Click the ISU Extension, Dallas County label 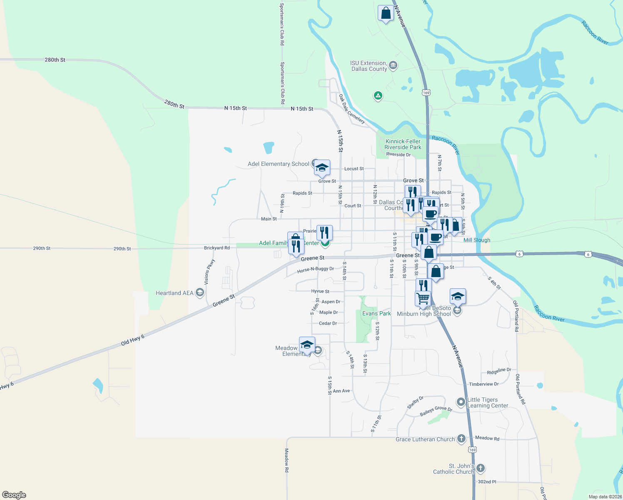pyautogui.click(x=369, y=66)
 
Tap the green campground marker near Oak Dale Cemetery pyautogui.click(x=378, y=96)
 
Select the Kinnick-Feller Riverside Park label pyautogui.click(x=403, y=144)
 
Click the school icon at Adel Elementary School pyautogui.click(x=322, y=168)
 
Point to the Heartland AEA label pyautogui.click(x=174, y=293)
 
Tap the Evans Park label pyautogui.click(x=376, y=313)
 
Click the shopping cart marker pyautogui.click(x=423, y=298)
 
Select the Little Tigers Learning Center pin pyautogui.click(x=461, y=402)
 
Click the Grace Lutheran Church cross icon pyautogui.click(x=461, y=438)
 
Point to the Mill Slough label pyautogui.click(x=477, y=240)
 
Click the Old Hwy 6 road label pyautogui.click(x=132, y=340)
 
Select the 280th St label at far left pyautogui.click(x=55, y=60)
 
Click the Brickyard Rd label pyautogui.click(x=217, y=248)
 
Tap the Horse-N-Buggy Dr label pyautogui.click(x=316, y=270)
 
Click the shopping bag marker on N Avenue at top pyautogui.click(x=386, y=13)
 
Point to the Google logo pyautogui.click(x=14, y=495)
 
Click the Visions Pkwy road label pyautogui.click(x=209, y=271)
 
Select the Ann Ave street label pyautogui.click(x=341, y=391)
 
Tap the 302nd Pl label pyautogui.click(x=487, y=482)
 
